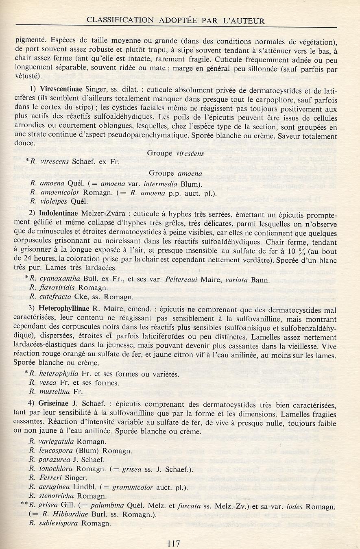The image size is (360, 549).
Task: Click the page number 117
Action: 173,543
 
